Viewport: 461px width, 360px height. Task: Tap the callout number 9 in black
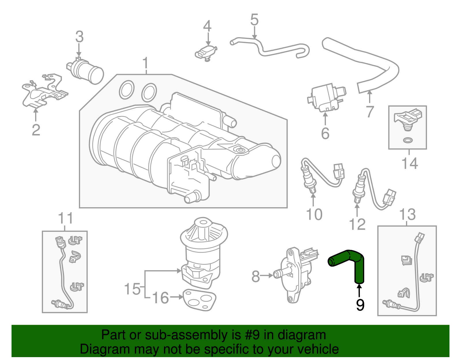360,305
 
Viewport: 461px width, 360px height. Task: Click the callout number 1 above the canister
146,63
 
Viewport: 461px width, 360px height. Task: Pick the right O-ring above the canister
149,92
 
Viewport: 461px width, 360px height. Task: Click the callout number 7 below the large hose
370,112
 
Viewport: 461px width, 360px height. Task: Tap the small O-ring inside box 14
407,141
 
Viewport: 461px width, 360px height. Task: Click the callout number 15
132,289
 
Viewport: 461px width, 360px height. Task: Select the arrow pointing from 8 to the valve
266,276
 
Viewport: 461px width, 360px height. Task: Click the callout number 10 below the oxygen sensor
314,215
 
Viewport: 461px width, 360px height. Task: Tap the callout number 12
357,224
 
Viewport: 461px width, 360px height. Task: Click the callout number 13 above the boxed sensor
407,215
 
